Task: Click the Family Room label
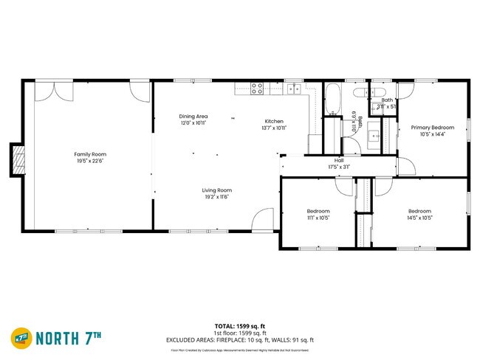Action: [85, 154]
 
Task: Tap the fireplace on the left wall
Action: [17, 159]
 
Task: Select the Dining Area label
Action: [193, 116]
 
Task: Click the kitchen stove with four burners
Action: [257, 89]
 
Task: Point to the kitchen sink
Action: [293, 89]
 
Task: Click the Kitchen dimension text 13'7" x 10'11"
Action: [273, 128]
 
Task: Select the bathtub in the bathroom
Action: [332, 97]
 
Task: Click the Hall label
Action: [339, 160]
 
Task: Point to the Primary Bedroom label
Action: [432, 127]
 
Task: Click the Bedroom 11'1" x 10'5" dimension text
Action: [318, 218]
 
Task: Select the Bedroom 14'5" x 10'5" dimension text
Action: [419, 218]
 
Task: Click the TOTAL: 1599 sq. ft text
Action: [240, 325]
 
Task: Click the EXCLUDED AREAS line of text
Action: [240, 339]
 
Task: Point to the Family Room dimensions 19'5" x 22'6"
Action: [85, 161]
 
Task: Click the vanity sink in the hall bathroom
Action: [374, 136]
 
